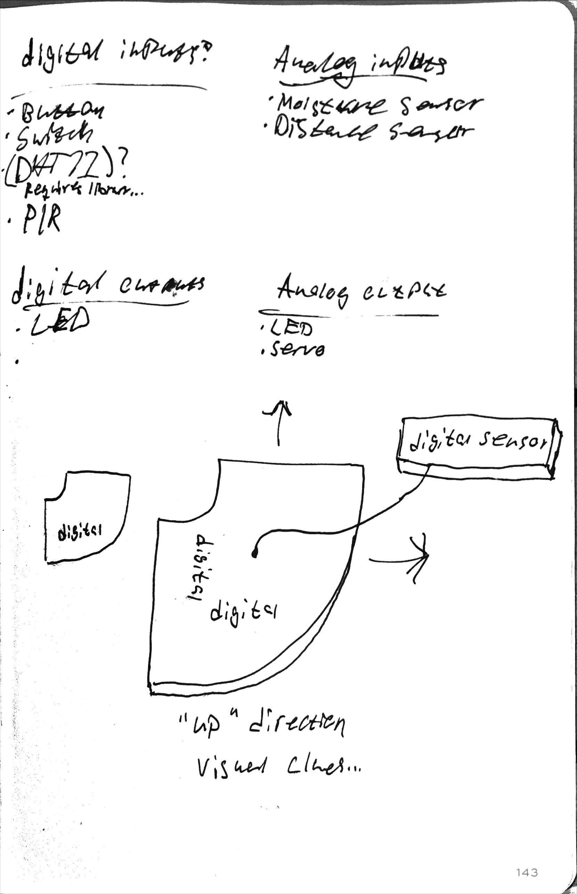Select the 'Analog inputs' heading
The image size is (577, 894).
(x=360, y=67)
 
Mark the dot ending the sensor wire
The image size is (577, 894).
(x=254, y=555)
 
